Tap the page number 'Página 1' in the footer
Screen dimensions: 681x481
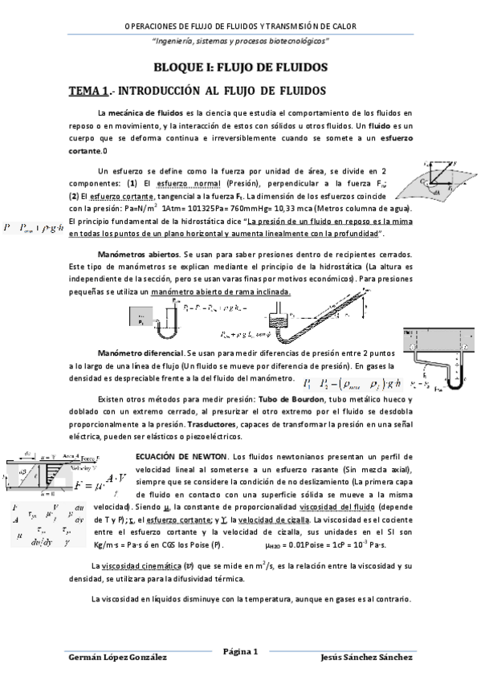pyautogui.click(x=240, y=651)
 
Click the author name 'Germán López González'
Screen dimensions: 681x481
pyautogui.click(x=119, y=656)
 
